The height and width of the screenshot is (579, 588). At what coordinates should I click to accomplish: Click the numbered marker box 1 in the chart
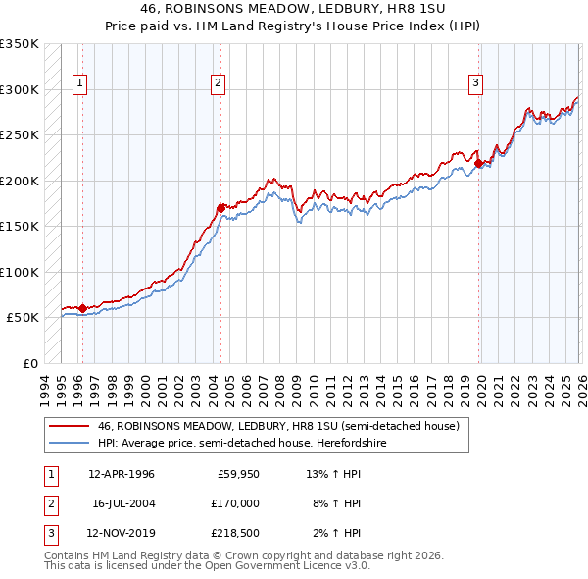pyautogui.click(x=79, y=84)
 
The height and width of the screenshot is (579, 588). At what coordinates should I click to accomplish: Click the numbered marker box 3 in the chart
pyautogui.click(x=475, y=84)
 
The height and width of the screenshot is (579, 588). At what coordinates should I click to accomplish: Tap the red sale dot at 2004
pyautogui.click(x=220, y=207)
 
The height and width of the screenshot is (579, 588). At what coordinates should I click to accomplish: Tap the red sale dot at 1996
pyautogui.click(x=82, y=308)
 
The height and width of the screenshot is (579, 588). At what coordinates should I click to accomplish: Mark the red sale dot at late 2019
pyautogui.click(x=478, y=163)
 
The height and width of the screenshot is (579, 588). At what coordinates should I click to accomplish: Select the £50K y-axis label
pyautogui.click(x=23, y=318)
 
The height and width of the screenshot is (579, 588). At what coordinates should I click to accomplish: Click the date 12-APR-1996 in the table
pyautogui.click(x=121, y=474)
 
